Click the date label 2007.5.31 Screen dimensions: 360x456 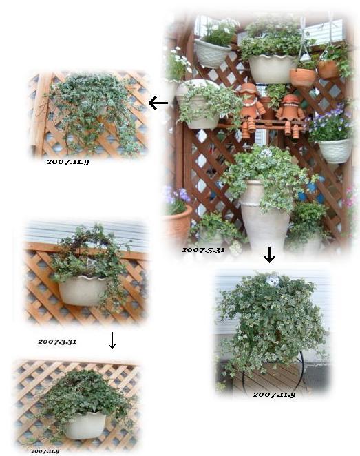coord(203,250)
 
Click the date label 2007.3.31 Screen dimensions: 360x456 coord(57,342)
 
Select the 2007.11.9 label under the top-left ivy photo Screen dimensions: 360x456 coord(67,162)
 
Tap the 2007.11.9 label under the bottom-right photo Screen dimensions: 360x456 coord(274,394)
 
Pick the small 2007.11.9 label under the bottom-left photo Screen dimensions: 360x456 coord(45,450)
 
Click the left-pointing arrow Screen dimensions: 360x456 coord(158,103)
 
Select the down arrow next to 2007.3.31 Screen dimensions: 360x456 coord(112,340)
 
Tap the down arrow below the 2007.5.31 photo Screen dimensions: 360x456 coord(269,254)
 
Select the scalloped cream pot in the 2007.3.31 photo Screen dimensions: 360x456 coord(83,290)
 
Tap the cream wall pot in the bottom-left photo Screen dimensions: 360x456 coord(85,425)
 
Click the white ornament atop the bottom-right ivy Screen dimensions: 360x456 coord(273,280)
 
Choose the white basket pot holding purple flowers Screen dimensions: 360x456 coord(335,151)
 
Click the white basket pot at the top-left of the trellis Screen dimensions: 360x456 coord(212,53)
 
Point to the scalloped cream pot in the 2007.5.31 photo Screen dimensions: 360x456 coord(272,69)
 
